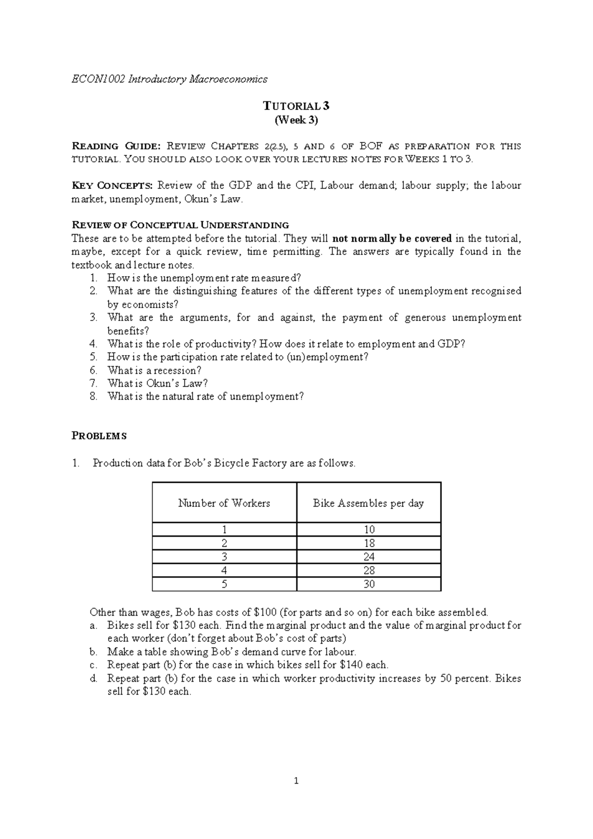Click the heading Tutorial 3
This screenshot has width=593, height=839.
coord(296,106)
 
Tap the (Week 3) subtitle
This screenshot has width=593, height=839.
coord(296,120)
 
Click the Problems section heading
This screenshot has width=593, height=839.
coord(99,436)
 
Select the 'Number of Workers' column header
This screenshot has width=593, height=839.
coord(224,503)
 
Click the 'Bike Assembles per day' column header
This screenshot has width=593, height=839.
coord(368,503)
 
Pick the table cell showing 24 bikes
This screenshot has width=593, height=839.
coord(369,557)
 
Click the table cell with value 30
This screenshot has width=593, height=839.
coord(369,584)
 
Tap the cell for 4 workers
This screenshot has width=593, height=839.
coord(224,570)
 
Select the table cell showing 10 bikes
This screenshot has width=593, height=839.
coord(369,529)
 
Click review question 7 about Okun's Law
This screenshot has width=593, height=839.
coord(157,383)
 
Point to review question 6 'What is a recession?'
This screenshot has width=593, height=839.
coord(154,371)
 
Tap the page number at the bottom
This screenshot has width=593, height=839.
coord(296,782)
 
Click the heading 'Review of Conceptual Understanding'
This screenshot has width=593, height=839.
coord(180,225)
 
